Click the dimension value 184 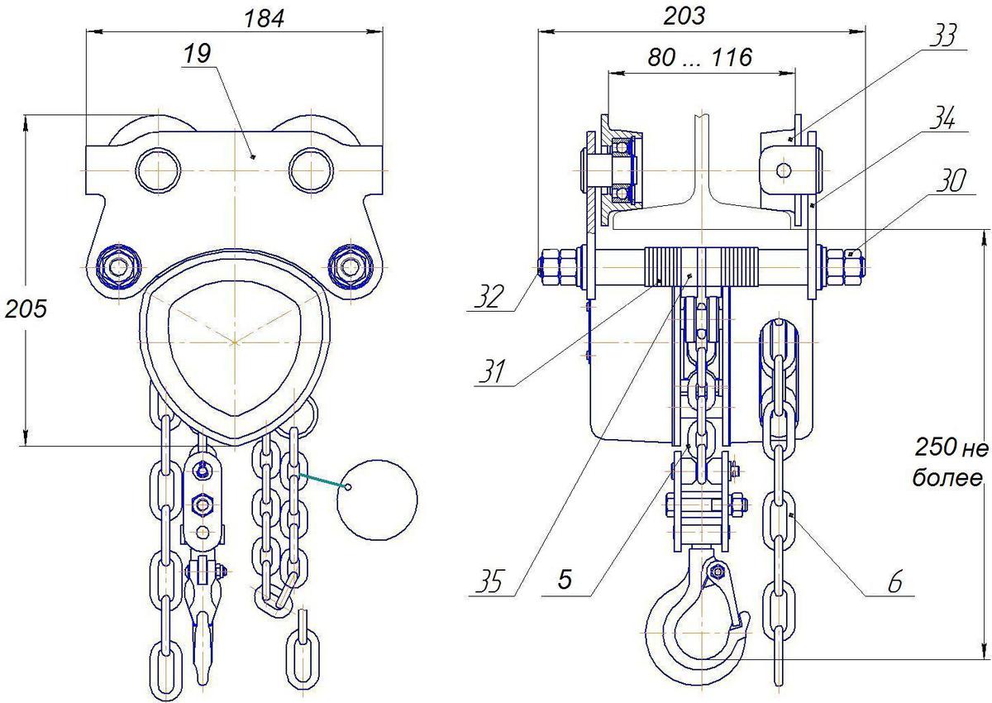click(x=264, y=19)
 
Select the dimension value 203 click(x=684, y=16)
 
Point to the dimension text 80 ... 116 click(x=699, y=58)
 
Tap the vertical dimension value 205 click(x=26, y=308)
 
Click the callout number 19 click(x=197, y=54)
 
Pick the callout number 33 click(x=942, y=36)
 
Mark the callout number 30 click(x=951, y=181)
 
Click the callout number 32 click(x=489, y=297)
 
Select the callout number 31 click(x=492, y=371)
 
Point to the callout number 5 click(x=565, y=579)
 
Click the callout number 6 click(x=895, y=582)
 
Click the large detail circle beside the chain click(x=377, y=500)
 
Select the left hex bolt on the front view click(x=119, y=267)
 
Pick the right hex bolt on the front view click(x=351, y=267)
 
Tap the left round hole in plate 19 click(x=158, y=170)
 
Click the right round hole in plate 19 click(x=312, y=170)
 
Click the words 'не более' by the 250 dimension click(x=951, y=463)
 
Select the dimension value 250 click(x=934, y=447)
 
